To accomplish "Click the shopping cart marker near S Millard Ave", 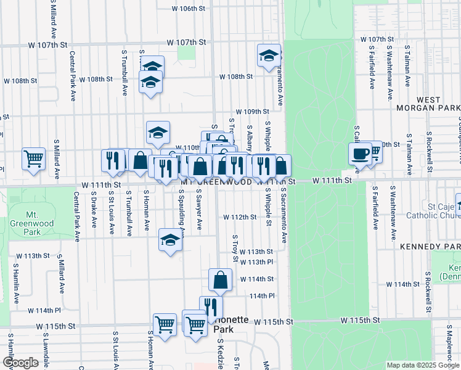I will point(34,158).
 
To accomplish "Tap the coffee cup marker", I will point(360,154).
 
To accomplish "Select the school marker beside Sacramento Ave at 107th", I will point(269,56).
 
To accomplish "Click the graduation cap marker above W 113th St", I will point(170,240).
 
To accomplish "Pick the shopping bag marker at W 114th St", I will point(220,280).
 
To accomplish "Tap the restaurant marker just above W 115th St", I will point(211,307).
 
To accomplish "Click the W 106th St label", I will point(188,9).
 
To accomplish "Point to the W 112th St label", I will point(239,217).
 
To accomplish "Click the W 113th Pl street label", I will point(256,262).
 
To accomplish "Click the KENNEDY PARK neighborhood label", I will point(430,247).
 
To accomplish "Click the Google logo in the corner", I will point(20,362).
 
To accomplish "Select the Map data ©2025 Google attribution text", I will point(422,365).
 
